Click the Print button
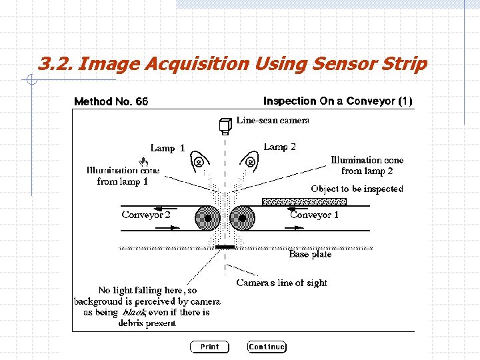(x=209, y=347)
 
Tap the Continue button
(x=267, y=347)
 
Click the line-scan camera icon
(x=225, y=125)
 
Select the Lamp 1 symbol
(x=198, y=161)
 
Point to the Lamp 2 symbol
(x=250, y=161)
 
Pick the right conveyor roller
(x=242, y=218)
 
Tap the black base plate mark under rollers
(x=225, y=247)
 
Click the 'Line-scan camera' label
(x=273, y=121)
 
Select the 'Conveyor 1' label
(x=314, y=215)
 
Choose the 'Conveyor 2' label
(x=146, y=215)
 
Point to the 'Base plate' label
(x=310, y=255)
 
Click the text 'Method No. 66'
(x=111, y=102)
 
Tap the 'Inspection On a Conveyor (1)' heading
(x=338, y=101)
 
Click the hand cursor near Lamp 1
(x=143, y=162)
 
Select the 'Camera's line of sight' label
(x=282, y=283)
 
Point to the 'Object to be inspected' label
(x=357, y=189)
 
